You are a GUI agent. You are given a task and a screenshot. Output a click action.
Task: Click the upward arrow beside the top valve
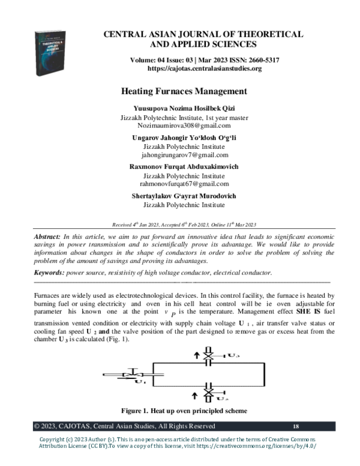coord(196,356)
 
